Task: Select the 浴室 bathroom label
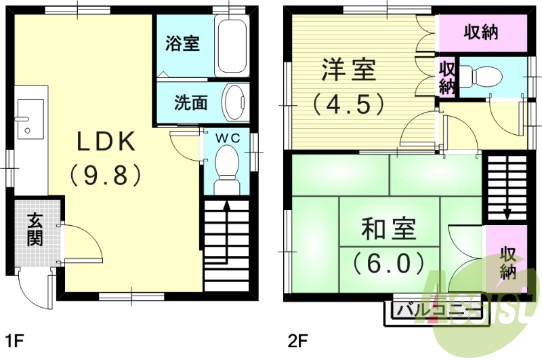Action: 182,44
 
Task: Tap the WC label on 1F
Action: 226,138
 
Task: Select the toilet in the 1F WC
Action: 226,166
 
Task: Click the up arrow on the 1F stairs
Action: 226,210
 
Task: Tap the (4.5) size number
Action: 348,104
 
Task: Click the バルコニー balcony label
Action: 433,311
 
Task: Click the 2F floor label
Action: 298,339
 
